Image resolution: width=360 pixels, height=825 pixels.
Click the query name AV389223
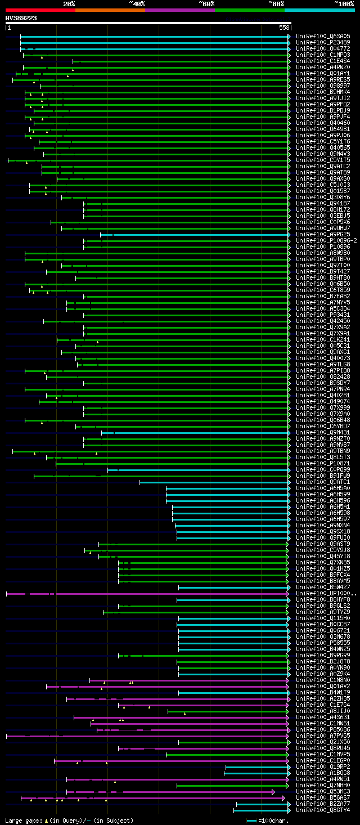[21, 18]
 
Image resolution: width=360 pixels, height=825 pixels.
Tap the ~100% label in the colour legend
[344, 3]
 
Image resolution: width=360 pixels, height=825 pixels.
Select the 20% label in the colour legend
[69, 3]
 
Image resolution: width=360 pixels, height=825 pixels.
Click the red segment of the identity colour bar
[40, 10]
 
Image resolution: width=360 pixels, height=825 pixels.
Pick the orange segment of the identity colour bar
[110, 10]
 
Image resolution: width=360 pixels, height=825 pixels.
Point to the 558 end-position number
[284, 28]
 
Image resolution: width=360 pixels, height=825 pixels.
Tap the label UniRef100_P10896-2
[326, 240]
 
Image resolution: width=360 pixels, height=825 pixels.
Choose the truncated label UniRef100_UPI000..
[326, 593]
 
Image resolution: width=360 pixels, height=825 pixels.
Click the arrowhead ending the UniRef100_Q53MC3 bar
[273, 792]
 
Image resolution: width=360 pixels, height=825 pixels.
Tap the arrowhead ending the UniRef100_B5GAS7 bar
[283, 798]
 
